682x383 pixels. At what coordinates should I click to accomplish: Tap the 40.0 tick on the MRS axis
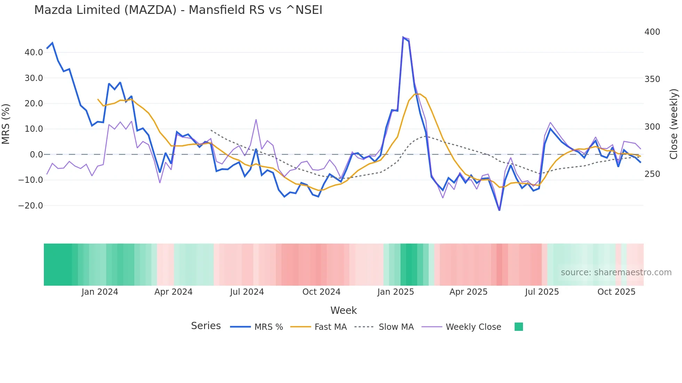click(x=34, y=52)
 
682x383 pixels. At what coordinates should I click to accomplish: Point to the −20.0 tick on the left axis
click(x=31, y=206)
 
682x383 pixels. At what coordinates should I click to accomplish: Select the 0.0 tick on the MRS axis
click(x=36, y=155)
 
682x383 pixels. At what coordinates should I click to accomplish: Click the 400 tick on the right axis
click(x=652, y=32)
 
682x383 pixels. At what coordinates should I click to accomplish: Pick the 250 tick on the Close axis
click(x=652, y=174)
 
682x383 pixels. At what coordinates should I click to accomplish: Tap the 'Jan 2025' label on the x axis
click(x=396, y=292)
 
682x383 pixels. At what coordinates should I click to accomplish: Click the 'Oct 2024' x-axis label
click(x=321, y=292)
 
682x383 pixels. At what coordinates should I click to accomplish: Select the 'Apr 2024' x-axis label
click(x=173, y=292)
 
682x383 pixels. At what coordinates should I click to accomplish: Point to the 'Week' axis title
click(x=343, y=310)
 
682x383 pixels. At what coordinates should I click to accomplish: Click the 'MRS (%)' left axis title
click(x=6, y=124)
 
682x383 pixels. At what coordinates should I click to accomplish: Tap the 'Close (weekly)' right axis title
click(x=674, y=124)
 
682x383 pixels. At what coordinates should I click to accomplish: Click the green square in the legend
click(x=518, y=327)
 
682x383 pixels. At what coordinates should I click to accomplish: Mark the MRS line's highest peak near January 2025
click(x=403, y=38)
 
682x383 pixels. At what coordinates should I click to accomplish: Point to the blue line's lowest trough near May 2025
click(x=499, y=210)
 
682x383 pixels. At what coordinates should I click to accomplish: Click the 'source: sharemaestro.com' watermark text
click(x=616, y=272)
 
